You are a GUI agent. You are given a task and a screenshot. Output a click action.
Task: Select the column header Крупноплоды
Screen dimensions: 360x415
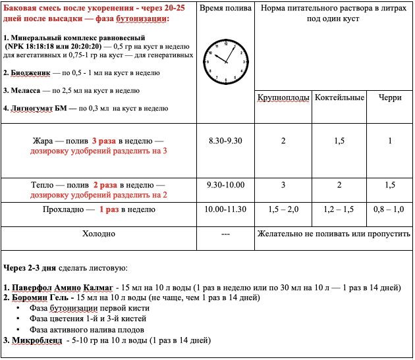[x=283, y=98]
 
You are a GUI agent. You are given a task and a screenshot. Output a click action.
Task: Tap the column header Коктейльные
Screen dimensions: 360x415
[x=339, y=98]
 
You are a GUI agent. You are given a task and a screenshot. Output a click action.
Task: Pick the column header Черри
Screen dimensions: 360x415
[x=389, y=98]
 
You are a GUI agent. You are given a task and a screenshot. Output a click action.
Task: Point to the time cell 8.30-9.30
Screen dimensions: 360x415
[x=225, y=141]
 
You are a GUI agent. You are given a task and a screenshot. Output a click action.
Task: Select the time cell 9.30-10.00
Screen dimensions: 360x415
[x=225, y=185]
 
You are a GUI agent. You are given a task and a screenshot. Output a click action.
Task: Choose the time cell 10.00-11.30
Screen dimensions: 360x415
[x=226, y=209]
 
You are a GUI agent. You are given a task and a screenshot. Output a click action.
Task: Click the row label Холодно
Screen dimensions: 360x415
[x=99, y=233]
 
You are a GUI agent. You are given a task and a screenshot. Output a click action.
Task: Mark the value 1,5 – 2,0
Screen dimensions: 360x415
[x=283, y=209]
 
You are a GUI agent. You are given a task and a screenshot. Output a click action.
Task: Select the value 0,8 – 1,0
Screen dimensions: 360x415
[x=389, y=209]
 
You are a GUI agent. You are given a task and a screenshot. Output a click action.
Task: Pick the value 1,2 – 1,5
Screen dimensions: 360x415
[x=339, y=209]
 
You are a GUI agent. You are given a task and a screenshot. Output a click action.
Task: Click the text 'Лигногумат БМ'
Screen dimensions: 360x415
[x=41, y=109]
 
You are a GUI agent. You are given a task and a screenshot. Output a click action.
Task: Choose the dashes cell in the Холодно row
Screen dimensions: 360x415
[x=225, y=234]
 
